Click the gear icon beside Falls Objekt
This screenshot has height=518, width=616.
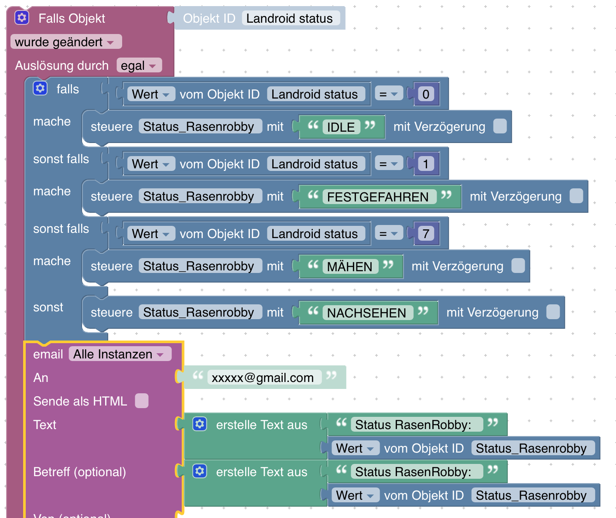pyautogui.click(x=22, y=18)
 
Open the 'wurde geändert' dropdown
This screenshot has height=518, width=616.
pyautogui.click(x=66, y=42)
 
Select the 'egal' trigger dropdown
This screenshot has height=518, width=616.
pyautogui.click(x=139, y=65)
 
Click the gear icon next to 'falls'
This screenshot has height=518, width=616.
pyautogui.click(x=40, y=88)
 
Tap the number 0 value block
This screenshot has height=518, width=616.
pyautogui.click(x=426, y=94)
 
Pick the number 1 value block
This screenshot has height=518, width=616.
pyautogui.click(x=426, y=164)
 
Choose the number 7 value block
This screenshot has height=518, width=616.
pyautogui.click(x=426, y=234)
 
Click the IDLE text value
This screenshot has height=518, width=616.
pyautogui.click(x=341, y=127)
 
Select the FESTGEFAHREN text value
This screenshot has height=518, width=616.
pyautogui.click(x=378, y=197)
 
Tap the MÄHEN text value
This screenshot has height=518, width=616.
pyautogui.click(x=350, y=266)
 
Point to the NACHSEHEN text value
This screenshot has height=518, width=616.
pyautogui.click(x=367, y=313)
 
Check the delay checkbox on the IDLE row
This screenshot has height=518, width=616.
pyautogui.click(x=500, y=126)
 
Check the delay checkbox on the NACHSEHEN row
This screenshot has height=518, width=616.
pyautogui.click(x=553, y=312)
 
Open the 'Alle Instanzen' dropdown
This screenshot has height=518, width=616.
pyautogui.click(x=120, y=354)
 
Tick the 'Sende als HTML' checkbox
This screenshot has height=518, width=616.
pyautogui.click(x=142, y=401)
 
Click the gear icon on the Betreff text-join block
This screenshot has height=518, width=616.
pyautogui.click(x=200, y=471)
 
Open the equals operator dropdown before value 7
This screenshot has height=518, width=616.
pyautogui.click(x=389, y=234)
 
